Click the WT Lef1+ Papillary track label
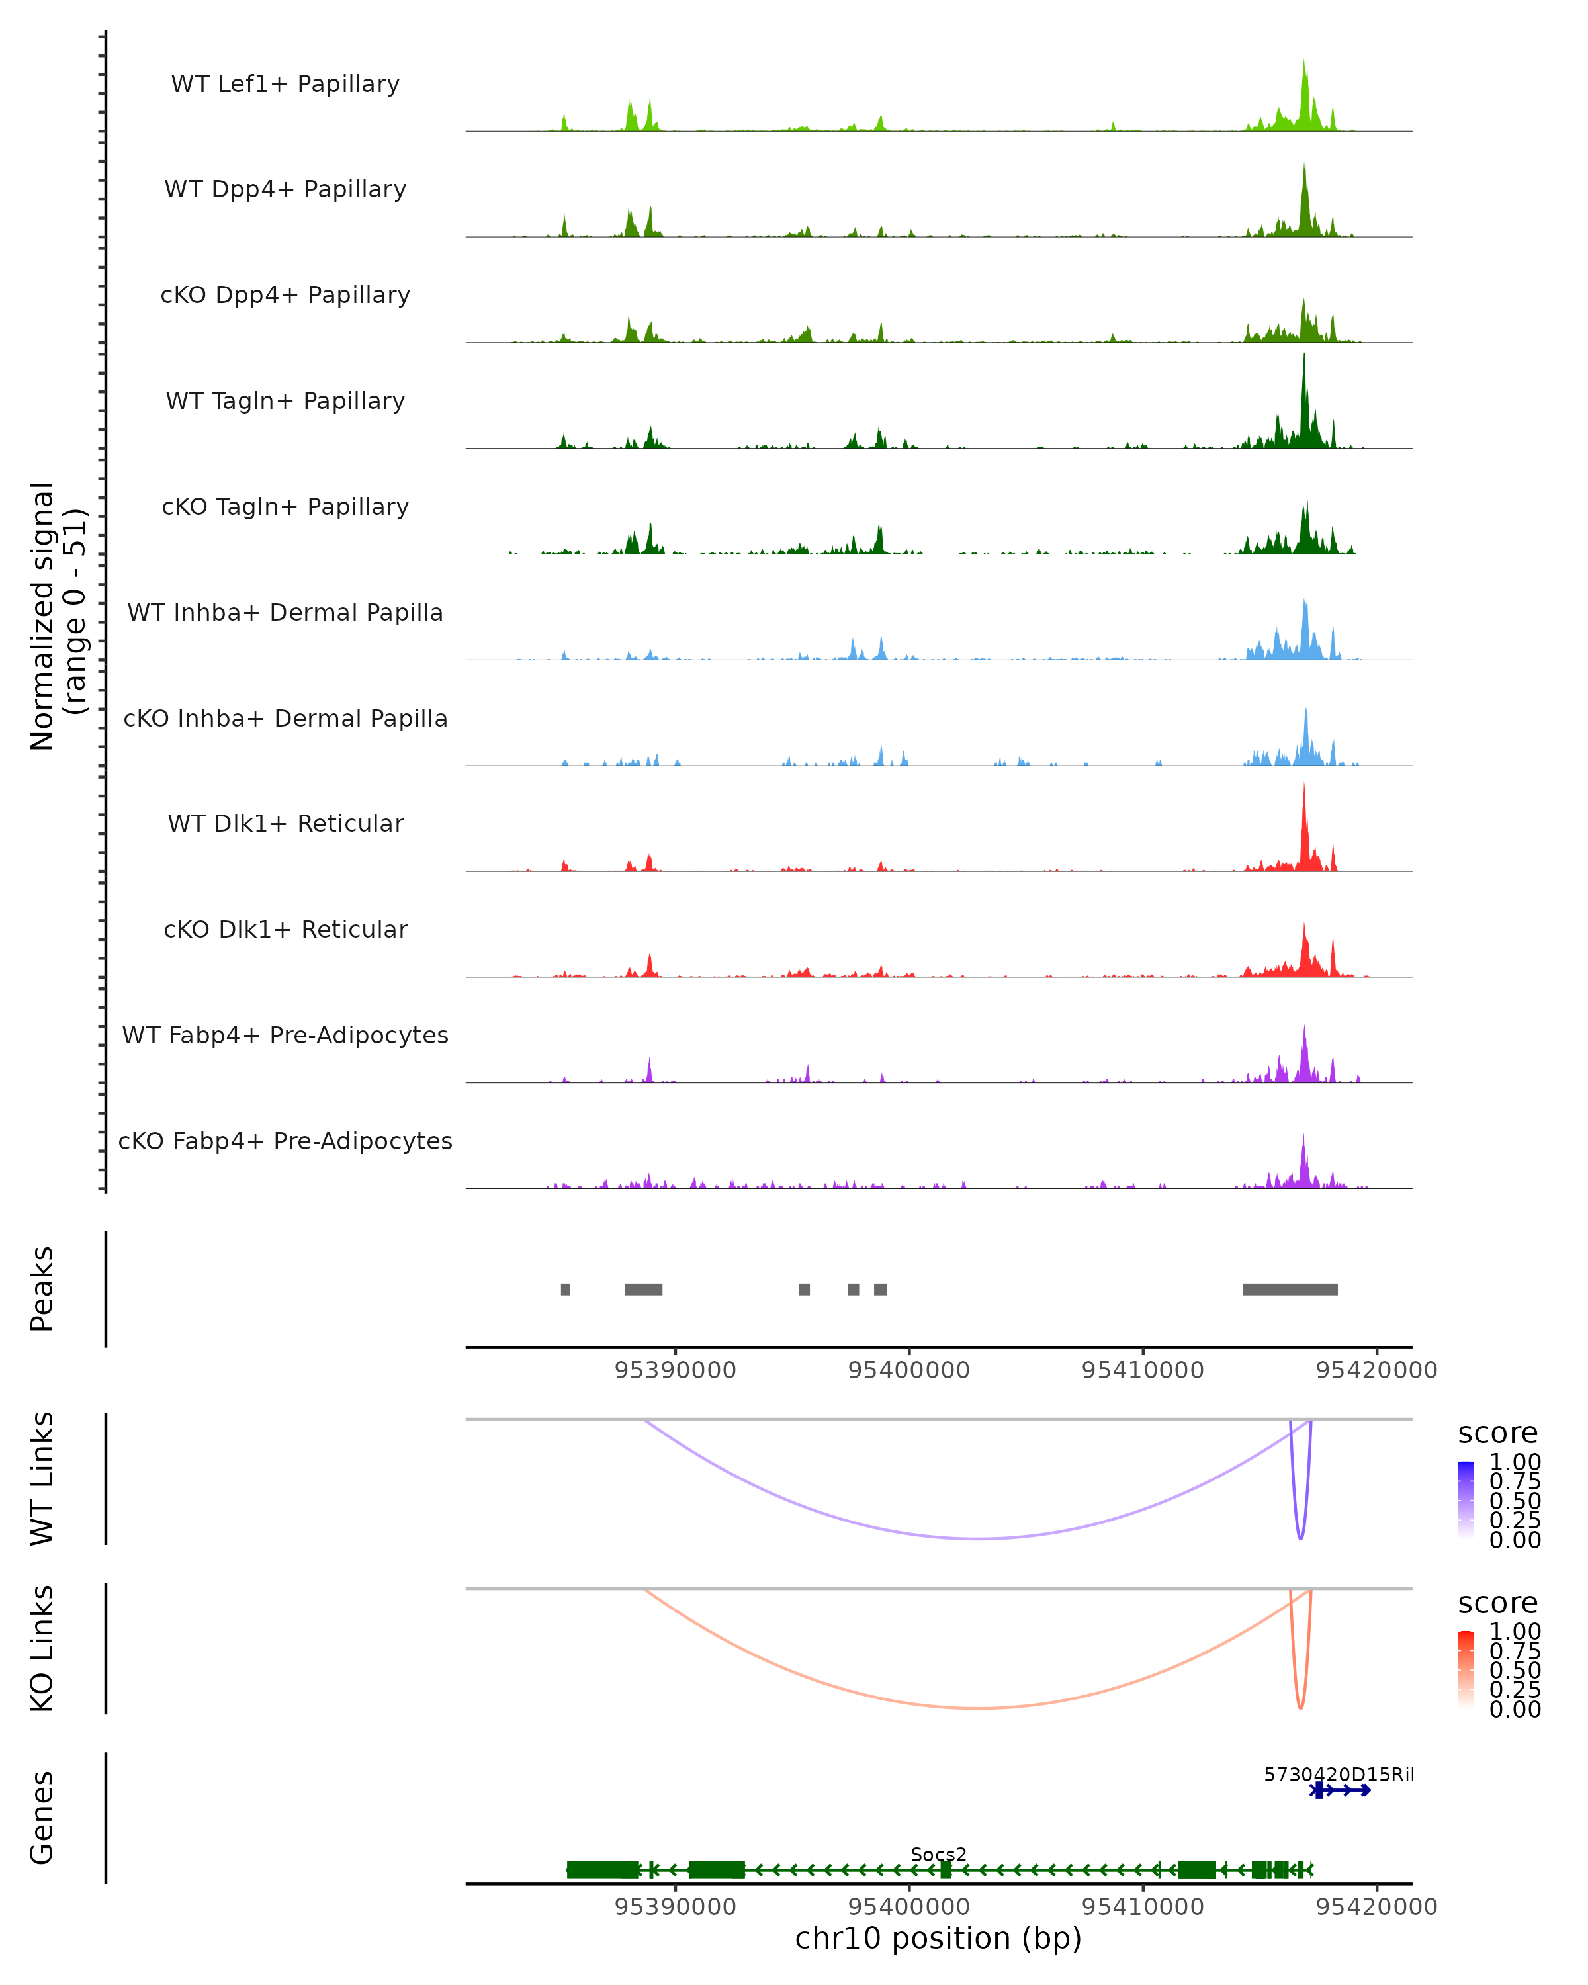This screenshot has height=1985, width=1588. coord(285,84)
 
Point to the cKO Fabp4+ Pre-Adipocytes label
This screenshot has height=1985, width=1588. coord(285,1141)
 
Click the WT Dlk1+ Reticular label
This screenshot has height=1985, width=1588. coord(285,823)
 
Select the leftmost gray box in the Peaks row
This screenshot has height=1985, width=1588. coord(565,1289)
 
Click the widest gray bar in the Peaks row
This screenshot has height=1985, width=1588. coord(1290,1289)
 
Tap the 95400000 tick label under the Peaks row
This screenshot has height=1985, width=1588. coord(908,1370)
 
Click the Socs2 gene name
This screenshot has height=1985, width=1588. coord(938,1854)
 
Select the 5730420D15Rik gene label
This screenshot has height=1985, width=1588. coord(1337,1774)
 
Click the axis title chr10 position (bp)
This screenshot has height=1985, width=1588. coord(938,1938)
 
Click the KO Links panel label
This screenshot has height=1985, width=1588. coord(42,1648)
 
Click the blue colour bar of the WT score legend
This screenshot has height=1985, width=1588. coord(1466,1498)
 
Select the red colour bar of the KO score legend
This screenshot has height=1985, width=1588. coord(1466,1667)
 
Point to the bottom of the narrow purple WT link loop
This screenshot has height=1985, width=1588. coord(1300,1538)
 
